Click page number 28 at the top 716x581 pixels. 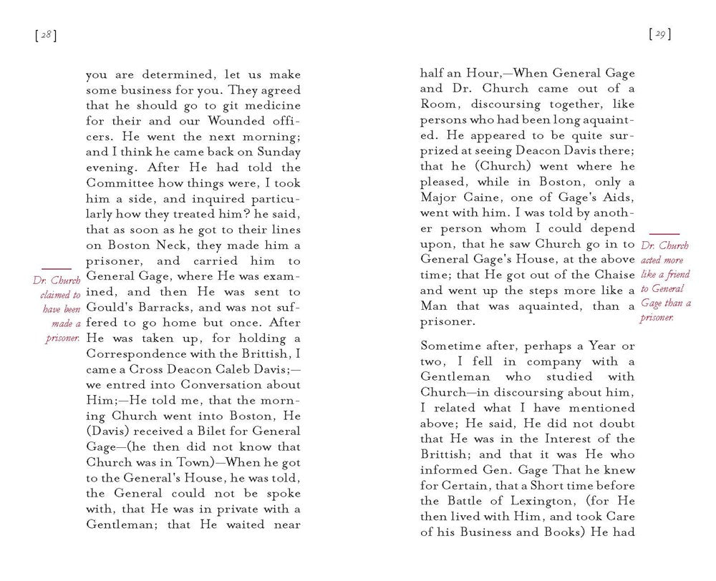pyautogui.click(x=44, y=36)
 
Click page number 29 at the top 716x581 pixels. pyautogui.click(x=658, y=34)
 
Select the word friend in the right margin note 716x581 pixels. pyautogui.click(x=677, y=275)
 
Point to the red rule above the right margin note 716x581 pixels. pyautogui.click(x=664, y=234)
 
